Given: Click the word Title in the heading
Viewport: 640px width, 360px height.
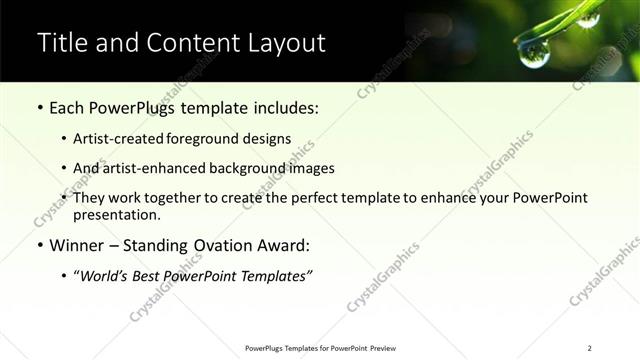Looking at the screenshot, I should pyautogui.click(x=62, y=43).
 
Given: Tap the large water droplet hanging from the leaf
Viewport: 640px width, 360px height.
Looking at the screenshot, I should pyautogui.click(x=533, y=53).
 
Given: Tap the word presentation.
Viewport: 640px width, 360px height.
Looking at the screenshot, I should pyautogui.click(x=116, y=215).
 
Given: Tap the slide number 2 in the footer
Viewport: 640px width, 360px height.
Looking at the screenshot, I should pyautogui.click(x=590, y=348).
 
